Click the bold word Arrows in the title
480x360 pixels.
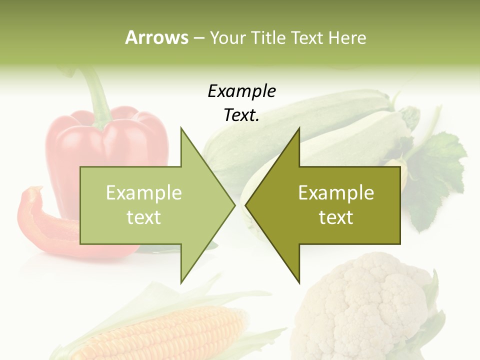tap(157, 37)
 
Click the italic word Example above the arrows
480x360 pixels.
tap(241, 91)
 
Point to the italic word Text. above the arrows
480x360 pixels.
tap(241, 115)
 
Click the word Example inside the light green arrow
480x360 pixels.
tap(144, 192)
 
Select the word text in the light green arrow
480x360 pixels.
tap(144, 217)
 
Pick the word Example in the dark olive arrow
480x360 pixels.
tap(336, 192)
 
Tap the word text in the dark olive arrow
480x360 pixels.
tap(336, 217)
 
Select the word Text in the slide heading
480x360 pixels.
tap(307, 38)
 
